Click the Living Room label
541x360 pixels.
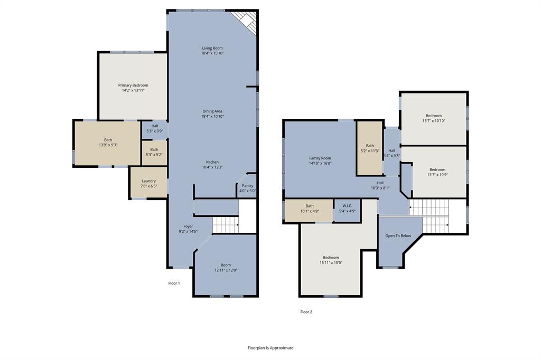[x=212, y=48]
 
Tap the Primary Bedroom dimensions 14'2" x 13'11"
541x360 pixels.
[x=133, y=90]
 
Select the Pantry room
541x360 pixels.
[x=247, y=188]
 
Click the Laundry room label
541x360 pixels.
[x=148, y=181]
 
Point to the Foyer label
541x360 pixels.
[x=188, y=226]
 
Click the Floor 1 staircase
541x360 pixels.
[x=226, y=225]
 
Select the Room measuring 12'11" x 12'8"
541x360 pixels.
[x=226, y=268]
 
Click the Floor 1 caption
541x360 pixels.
[x=174, y=283]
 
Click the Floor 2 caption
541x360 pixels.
[x=306, y=312]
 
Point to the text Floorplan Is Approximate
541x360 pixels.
[x=270, y=348]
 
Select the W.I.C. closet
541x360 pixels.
[x=347, y=209]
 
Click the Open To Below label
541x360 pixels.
[x=398, y=236]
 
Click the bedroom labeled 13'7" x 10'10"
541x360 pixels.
[x=433, y=118]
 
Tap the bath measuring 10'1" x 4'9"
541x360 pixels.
[x=309, y=209]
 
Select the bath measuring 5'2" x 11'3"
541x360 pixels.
[x=370, y=148]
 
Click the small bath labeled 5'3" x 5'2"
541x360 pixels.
[x=154, y=152]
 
